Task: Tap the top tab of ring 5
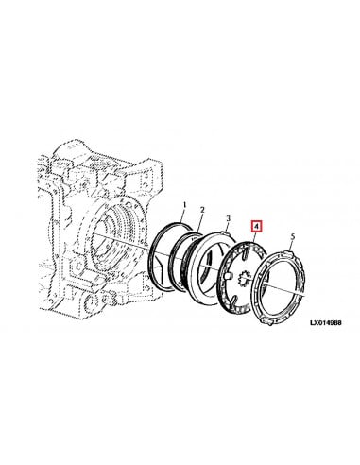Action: point(280,252)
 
